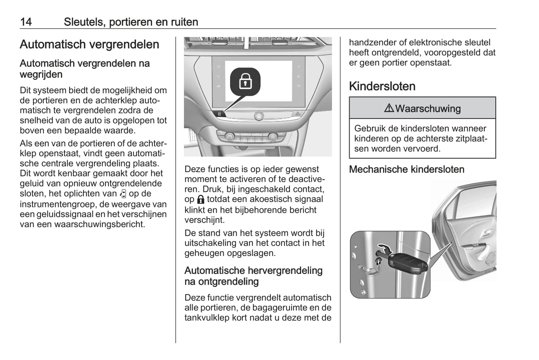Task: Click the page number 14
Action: click(26, 22)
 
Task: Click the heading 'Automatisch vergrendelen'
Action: click(90, 44)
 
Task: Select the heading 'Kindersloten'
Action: click(382, 86)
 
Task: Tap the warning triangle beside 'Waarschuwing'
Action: click(389, 109)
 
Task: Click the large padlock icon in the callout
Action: click(245, 81)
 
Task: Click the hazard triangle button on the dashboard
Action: click(298, 113)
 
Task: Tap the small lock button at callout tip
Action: click(219, 113)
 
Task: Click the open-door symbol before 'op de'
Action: click(123, 194)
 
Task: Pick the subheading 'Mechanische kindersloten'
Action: click(407, 169)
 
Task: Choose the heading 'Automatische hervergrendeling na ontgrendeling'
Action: click(253, 276)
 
